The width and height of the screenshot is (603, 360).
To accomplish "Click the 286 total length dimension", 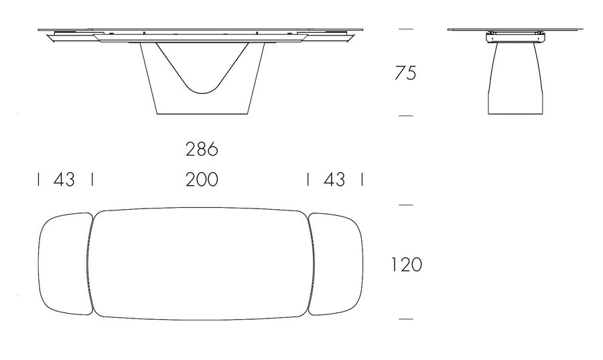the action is coord(202,149).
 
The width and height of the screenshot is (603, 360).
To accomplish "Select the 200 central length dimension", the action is coord(202,180).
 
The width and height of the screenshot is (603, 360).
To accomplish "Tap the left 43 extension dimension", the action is coord(64,180).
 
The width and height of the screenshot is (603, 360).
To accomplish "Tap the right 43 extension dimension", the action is coord(334,180).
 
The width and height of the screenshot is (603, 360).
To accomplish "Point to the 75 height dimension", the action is coord(405,73).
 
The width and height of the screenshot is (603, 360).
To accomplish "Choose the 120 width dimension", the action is coord(407,265).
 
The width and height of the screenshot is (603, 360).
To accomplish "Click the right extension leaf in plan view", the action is coord(362,264).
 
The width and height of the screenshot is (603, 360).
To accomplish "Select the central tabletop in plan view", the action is coord(201,208).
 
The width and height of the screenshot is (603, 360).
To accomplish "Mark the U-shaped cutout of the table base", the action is coord(202,93).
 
